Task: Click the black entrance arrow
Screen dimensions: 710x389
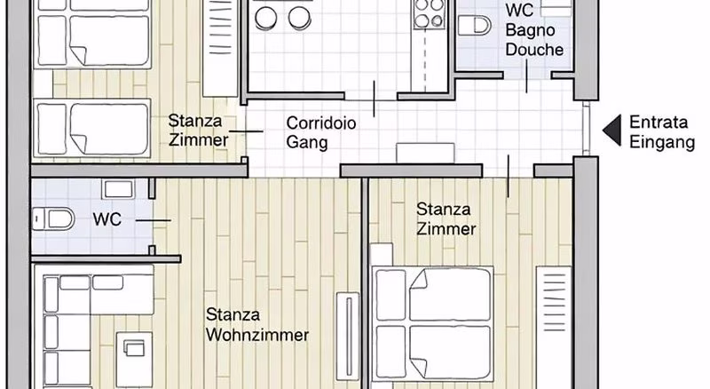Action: pyautogui.click(x=612, y=131)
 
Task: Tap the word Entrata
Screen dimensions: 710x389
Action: pyautogui.click(x=659, y=122)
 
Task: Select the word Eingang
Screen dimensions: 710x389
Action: pyautogui.click(x=662, y=142)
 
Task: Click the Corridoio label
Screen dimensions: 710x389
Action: pyautogui.click(x=321, y=123)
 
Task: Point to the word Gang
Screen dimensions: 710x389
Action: pyautogui.click(x=306, y=142)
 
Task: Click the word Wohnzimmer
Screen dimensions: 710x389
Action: pyautogui.click(x=257, y=335)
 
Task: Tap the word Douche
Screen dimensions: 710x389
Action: pyautogui.click(x=534, y=50)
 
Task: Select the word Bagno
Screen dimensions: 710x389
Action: pyautogui.click(x=530, y=30)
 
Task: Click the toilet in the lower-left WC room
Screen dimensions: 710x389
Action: pyautogui.click(x=54, y=219)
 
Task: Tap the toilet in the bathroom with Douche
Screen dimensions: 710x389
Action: pyautogui.click(x=474, y=26)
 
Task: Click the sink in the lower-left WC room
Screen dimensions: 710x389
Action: pyautogui.click(x=118, y=189)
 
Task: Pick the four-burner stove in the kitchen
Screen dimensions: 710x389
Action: pyautogui.click(x=430, y=12)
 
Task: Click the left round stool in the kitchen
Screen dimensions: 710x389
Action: pyautogui.click(x=265, y=18)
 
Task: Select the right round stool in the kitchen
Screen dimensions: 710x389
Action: pyautogui.click(x=300, y=18)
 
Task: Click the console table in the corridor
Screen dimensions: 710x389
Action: pyautogui.click(x=425, y=154)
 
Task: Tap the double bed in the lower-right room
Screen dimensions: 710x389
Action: pyautogui.click(x=433, y=323)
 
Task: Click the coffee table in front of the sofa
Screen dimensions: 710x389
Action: pyautogui.click(x=134, y=359)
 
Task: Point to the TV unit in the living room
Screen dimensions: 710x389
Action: pyautogui.click(x=348, y=337)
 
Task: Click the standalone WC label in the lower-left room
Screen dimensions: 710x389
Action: pyautogui.click(x=107, y=219)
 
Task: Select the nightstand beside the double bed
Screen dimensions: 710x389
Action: pyautogui.click(x=382, y=254)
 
